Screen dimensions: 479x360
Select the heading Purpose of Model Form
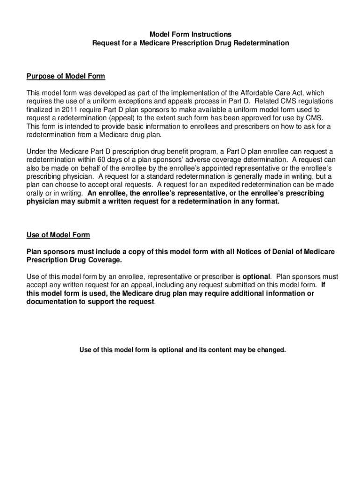tap(65, 76)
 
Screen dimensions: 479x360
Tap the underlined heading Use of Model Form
tap(58, 235)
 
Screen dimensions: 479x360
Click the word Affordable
tap(256, 93)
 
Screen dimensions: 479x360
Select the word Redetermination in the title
tap(261, 43)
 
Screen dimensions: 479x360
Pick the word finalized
tap(41, 110)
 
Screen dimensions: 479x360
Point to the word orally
tap(36, 193)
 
